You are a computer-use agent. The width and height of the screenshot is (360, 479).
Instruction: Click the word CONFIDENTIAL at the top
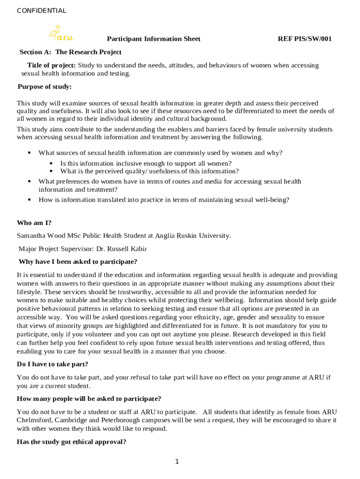pyautogui.click(x=42, y=11)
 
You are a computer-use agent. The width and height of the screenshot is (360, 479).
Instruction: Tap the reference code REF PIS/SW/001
pyautogui.click(x=304, y=39)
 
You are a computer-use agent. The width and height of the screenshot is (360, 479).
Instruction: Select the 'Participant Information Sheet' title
pyautogui.click(x=154, y=39)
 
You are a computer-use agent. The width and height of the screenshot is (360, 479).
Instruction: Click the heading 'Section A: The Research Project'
pyautogui.click(x=70, y=52)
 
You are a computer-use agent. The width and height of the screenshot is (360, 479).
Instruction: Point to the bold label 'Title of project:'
pyautogui.click(x=51, y=65)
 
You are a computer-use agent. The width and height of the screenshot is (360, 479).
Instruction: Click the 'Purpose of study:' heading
pyautogui.click(x=44, y=87)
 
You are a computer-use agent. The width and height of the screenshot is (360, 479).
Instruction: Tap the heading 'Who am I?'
pyautogui.click(x=34, y=223)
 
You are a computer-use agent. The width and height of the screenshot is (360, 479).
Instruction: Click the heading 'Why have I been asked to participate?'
pyautogui.click(x=78, y=261)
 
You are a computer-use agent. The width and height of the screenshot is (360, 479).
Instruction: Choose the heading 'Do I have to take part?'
pyautogui.click(x=52, y=364)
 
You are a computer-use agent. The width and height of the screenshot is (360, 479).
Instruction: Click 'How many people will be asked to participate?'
pyautogui.click(x=89, y=399)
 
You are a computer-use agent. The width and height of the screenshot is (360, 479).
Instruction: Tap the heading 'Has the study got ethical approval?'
pyautogui.click(x=72, y=442)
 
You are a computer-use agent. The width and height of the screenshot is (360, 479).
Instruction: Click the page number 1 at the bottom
pyautogui.click(x=177, y=462)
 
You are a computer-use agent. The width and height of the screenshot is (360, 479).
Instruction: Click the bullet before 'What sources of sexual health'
pyautogui.click(x=29, y=152)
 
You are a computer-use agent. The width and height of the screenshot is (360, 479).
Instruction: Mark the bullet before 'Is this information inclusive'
pyautogui.click(x=51, y=163)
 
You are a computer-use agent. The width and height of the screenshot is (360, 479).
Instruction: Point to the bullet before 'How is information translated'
pyautogui.click(x=29, y=199)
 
